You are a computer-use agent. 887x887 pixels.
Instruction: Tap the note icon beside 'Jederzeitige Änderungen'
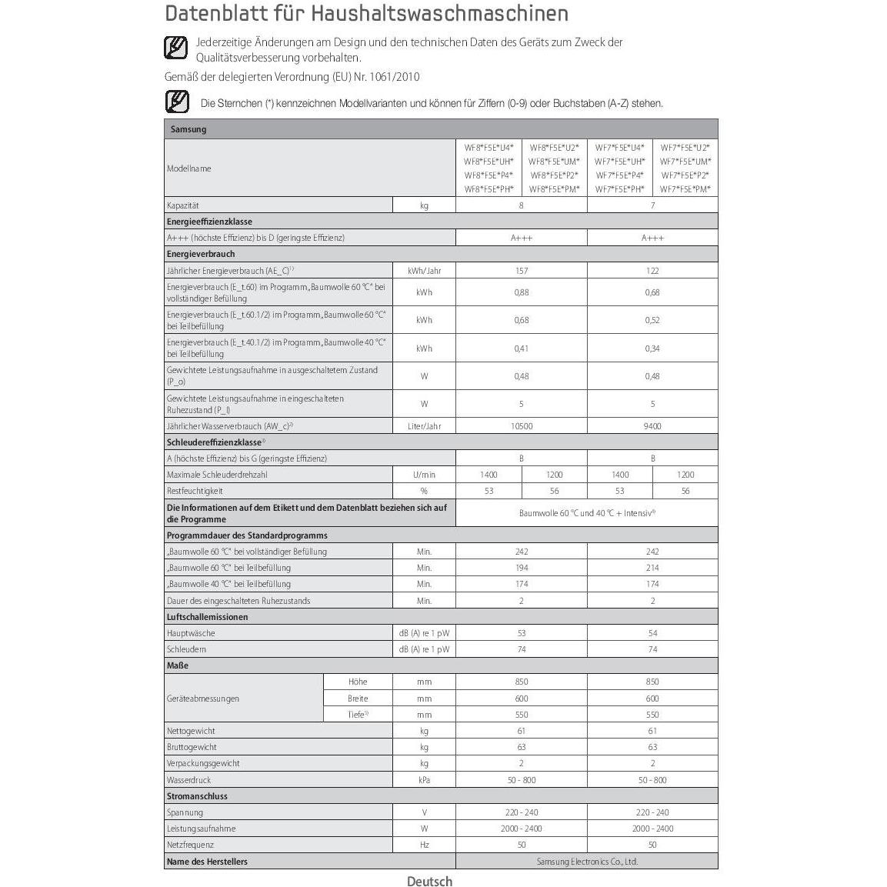pos(176,48)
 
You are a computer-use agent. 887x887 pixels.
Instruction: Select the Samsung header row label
pos(188,129)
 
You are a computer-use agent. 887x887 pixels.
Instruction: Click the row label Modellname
pos(189,168)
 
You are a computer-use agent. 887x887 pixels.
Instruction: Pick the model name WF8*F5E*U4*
pos(489,147)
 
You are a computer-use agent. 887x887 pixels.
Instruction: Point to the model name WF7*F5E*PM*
pos(685,189)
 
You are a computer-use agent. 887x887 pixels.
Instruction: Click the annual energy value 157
pos(522,271)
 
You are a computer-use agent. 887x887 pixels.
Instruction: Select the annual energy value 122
pos(652,271)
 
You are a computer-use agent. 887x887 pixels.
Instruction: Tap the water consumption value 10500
pos(522,426)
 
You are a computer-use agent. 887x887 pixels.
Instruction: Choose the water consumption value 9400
pos(652,426)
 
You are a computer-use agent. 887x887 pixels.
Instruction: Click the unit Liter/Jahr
pos(424,426)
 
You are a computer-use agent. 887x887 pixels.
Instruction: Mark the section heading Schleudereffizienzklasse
pos(215,442)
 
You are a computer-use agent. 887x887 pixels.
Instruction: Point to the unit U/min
pos(424,475)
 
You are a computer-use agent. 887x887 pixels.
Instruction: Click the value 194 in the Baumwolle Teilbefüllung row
pos(522,568)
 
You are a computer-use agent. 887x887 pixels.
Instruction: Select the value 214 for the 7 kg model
pos(652,568)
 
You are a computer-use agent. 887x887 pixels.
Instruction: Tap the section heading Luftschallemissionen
pos(208,617)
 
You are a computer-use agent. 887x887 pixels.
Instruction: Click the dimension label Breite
pos(358,699)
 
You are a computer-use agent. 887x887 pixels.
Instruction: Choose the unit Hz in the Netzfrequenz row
pos(424,845)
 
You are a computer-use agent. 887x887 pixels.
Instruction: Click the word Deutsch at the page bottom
pos(429,882)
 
